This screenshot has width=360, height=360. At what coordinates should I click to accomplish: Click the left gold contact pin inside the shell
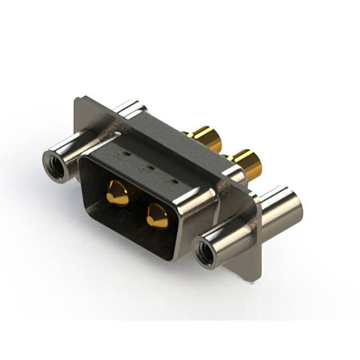coord(118,193)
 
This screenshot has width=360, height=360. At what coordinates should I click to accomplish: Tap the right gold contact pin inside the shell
coord(157,215)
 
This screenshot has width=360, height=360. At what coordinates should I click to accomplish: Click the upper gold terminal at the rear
coord(205,138)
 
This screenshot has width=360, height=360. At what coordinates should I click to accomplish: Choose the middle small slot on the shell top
coord(150,167)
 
